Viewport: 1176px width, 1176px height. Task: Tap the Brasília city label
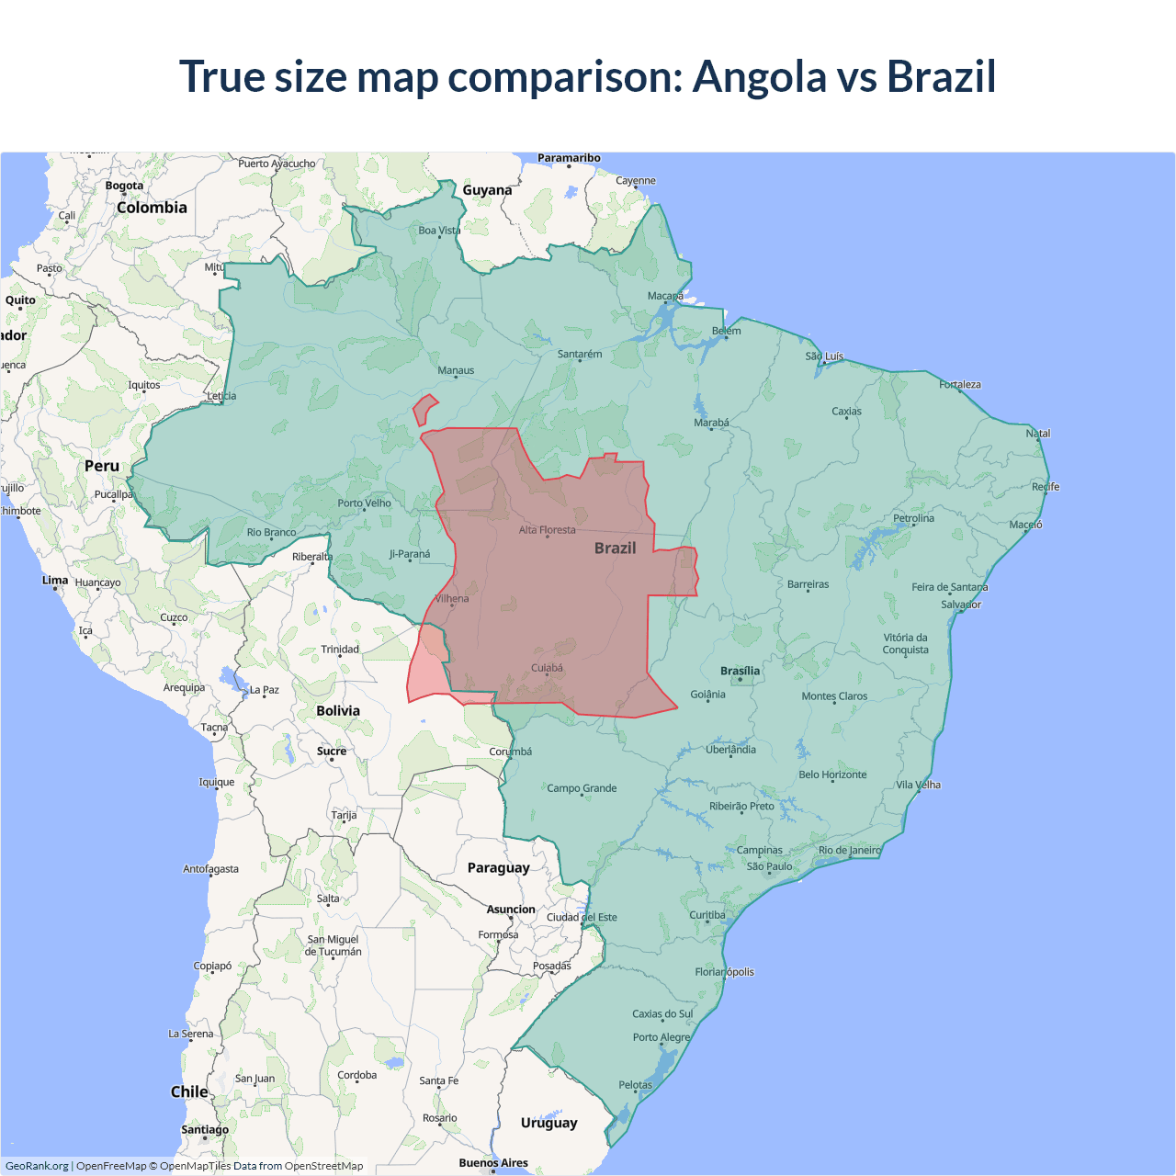(740, 671)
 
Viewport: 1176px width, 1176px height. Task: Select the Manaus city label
(456, 370)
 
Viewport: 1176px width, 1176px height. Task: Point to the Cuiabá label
(547, 668)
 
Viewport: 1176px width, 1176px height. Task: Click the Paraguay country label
(498, 867)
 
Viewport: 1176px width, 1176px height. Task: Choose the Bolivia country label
(338, 710)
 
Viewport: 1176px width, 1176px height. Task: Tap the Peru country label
(102, 466)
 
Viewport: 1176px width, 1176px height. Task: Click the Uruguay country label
(548, 1123)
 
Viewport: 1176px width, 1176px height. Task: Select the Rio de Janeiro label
(849, 850)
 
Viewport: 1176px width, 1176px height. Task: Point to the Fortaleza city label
(960, 384)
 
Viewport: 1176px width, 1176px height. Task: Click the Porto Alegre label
(661, 1037)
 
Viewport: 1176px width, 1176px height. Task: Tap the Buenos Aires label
(493, 1162)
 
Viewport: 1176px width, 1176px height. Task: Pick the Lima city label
(55, 580)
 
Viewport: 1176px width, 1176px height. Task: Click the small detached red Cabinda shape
(424, 409)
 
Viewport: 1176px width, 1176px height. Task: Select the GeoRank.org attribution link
(37, 1166)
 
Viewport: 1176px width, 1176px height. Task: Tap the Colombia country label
(152, 208)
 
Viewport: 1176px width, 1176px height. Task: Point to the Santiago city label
(205, 1129)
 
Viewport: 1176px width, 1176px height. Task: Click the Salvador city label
(961, 605)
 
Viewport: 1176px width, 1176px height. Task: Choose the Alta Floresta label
(547, 529)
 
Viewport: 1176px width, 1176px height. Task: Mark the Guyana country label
(487, 190)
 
